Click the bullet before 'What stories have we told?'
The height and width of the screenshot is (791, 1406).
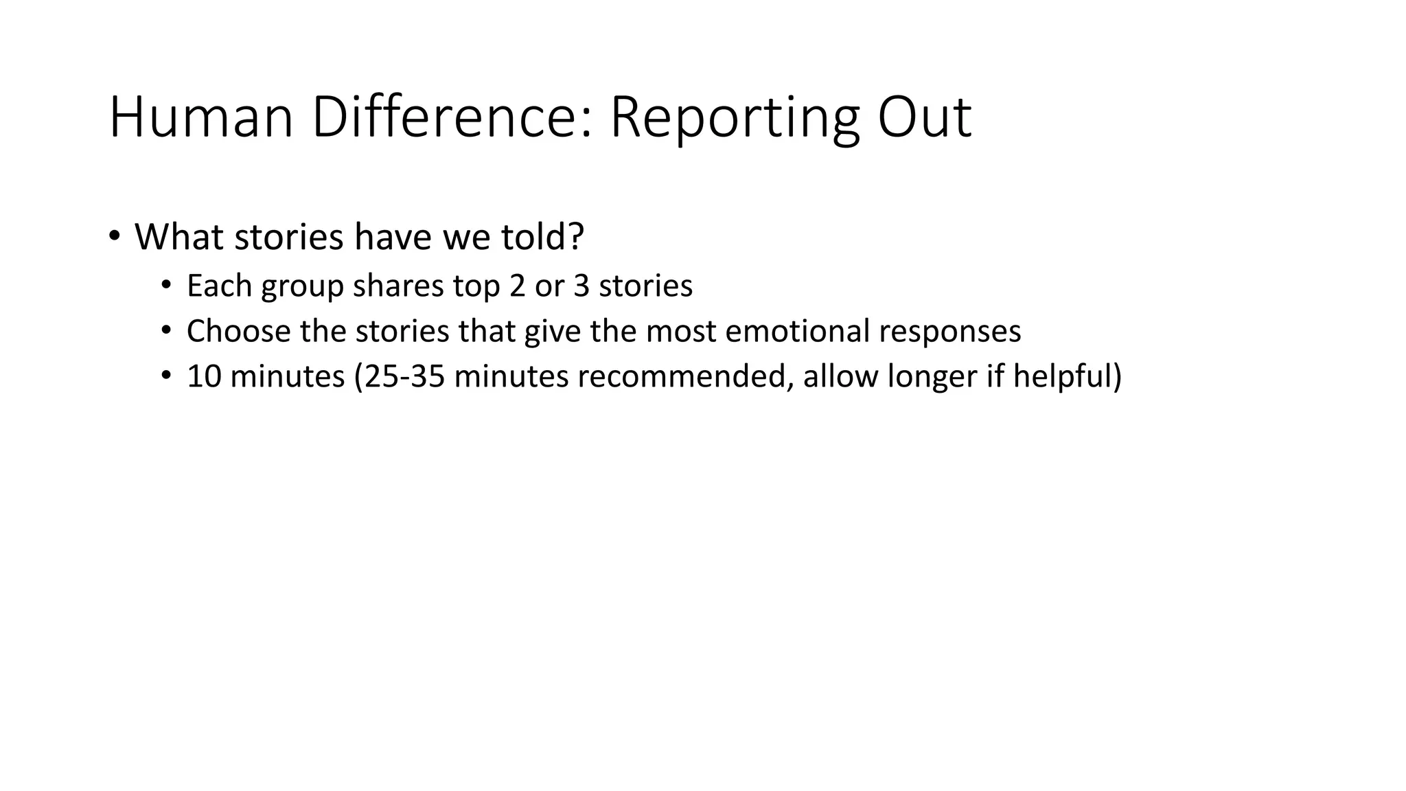point(114,236)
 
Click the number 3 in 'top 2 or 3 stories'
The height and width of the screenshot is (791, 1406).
point(581,286)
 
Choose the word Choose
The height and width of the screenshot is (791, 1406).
point(238,331)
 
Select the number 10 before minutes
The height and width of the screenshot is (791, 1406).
point(204,376)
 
